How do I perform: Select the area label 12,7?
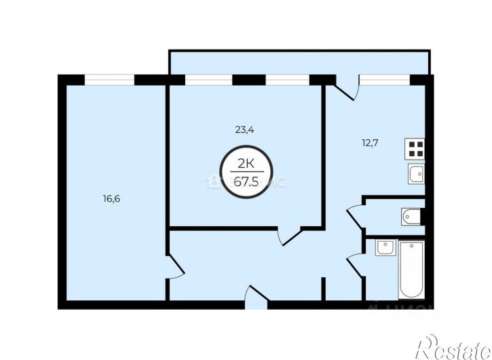coord(371,143)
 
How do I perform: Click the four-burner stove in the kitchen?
coord(415,149)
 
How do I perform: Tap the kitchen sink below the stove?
coord(415,175)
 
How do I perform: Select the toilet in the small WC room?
coord(411,217)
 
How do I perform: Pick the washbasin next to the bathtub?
coord(384,248)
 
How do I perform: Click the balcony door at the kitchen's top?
coord(345,91)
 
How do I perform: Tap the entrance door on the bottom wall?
coord(255,296)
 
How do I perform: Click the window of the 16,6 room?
coord(109,79)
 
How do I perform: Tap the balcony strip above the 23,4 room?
coord(299,62)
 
